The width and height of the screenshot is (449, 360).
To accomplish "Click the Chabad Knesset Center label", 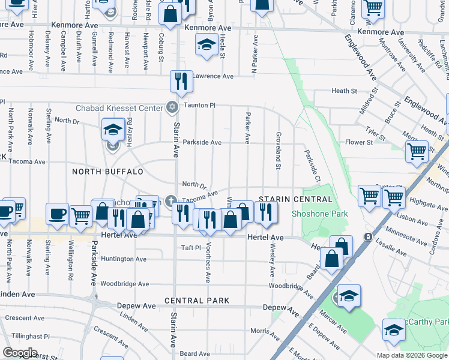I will click(119, 108).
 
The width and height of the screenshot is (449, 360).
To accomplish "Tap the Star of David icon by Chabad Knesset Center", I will click(172, 107).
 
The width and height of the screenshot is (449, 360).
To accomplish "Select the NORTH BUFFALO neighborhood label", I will click(107, 172).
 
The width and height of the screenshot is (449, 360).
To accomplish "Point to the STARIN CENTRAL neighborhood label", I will click(295, 199).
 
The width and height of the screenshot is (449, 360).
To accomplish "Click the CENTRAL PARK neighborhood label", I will click(196, 300).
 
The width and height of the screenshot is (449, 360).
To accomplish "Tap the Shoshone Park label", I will click(311, 214).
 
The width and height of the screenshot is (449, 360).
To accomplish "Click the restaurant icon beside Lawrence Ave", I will click(180, 80).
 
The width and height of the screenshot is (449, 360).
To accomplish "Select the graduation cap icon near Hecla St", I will click(206, 44).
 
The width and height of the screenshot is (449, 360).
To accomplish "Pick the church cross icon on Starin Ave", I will click(171, 200).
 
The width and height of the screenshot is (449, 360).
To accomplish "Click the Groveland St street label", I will click(278, 151).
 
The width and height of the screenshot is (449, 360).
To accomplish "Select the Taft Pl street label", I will click(190, 247).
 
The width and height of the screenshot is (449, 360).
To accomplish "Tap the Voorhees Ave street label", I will click(208, 263).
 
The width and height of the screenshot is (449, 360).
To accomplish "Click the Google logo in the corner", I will click(20, 353).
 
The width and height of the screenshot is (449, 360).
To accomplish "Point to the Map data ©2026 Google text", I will click(412, 355).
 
